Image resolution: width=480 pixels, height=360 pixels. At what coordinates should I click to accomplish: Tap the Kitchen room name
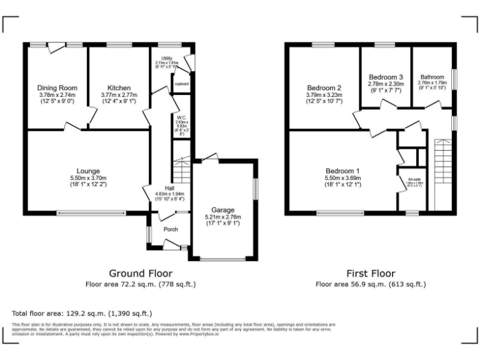pos(119,87)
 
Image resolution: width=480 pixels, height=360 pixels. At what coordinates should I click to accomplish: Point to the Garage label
pos(222,210)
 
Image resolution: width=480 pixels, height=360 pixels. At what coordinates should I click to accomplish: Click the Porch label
pos(171,229)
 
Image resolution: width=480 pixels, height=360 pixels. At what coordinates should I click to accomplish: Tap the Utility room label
pos(166,58)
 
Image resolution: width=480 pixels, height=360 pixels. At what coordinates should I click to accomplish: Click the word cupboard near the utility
pos(182,83)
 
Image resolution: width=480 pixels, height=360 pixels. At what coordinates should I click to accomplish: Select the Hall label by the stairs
pos(169,188)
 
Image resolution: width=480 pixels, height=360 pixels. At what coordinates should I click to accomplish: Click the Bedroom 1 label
pos(342,171)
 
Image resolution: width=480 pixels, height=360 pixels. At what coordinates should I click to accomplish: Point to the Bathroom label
pos(432,77)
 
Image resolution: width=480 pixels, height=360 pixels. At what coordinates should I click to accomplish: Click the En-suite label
pos(412,179)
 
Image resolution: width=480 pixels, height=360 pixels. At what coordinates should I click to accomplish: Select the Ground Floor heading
pos(141,273)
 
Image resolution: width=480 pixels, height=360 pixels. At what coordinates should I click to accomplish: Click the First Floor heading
pos(371,273)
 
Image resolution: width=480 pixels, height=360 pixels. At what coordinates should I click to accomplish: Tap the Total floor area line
pos(82,312)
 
